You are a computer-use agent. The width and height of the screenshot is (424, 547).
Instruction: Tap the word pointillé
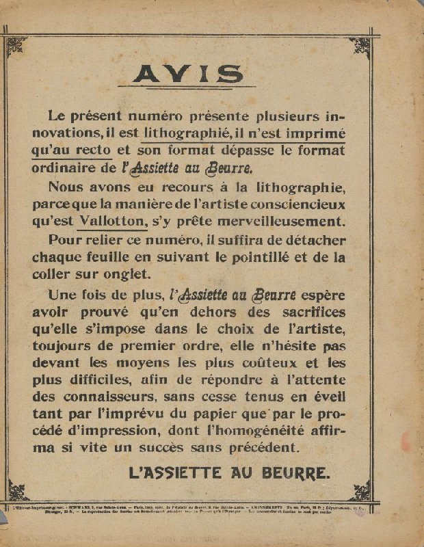point(259,258)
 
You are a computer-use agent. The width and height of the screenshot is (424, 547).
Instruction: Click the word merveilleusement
point(283,220)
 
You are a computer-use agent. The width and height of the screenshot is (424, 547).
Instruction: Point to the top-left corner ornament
point(16,46)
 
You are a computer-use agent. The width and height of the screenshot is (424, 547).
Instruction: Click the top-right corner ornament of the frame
point(360,46)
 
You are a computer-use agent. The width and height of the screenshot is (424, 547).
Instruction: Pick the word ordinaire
point(79,168)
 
